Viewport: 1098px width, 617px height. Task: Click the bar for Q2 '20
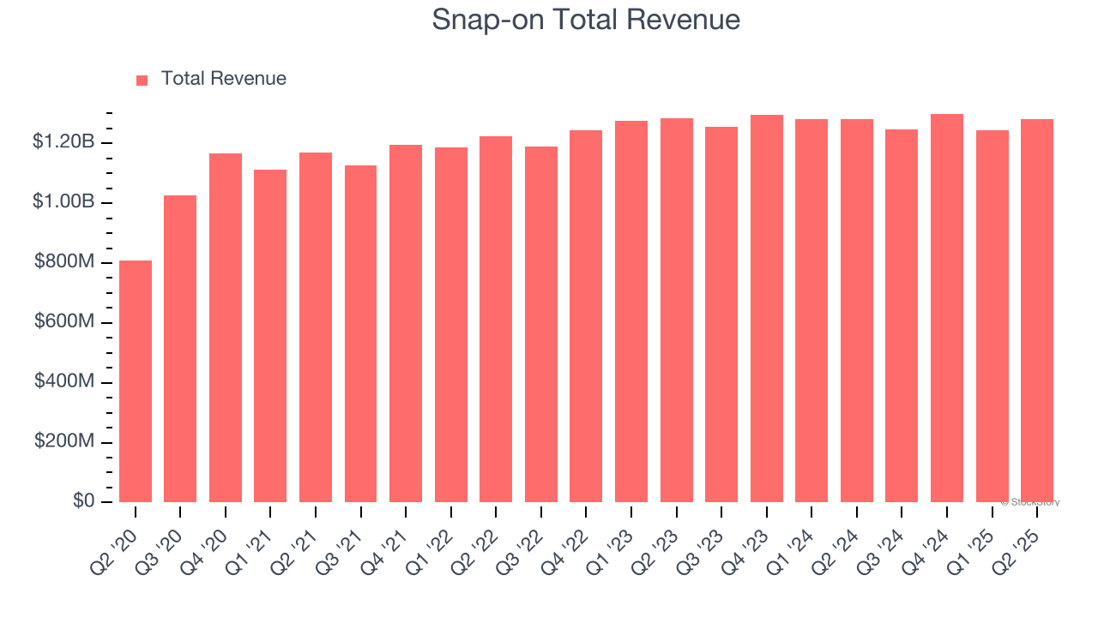click(x=136, y=381)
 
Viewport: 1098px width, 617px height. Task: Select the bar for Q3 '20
click(x=180, y=349)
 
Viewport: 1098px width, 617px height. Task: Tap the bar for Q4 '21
click(x=406, y=324)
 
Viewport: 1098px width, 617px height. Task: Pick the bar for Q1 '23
click(x=631, y=312)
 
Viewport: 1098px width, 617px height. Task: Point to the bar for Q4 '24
click(x=947, y=308)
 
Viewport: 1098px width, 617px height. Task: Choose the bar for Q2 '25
click(x=1037, y=311)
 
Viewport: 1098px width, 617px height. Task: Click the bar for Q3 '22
click(x=541, y=325)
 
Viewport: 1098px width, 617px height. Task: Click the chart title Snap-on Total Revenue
click(x=586, y=20)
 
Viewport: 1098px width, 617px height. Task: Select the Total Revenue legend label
click(x=224, y=79)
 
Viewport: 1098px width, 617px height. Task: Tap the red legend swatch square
click(x=142, y=80)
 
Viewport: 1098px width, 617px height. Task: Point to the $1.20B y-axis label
click(x=63, y=142)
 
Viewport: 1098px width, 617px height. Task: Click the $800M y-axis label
click(x=64, y=262)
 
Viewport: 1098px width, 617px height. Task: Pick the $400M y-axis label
click(x=64, y=381)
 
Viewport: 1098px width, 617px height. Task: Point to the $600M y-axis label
click(x=64, y=322)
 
